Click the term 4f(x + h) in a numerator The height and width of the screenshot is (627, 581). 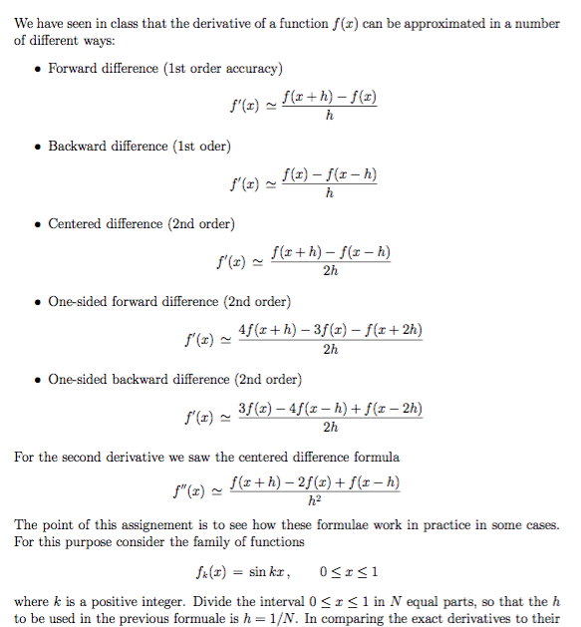[x=269, y=330]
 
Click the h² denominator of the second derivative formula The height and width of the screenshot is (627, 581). [x=315, y=501]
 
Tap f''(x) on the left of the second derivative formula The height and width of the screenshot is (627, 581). [x=188, y=491]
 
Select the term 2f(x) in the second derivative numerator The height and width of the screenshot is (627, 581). [x=316, y=482]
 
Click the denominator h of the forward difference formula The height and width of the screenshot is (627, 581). [x=329, y=116]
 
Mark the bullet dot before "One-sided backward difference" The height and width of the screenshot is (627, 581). [x=38, y=380]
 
